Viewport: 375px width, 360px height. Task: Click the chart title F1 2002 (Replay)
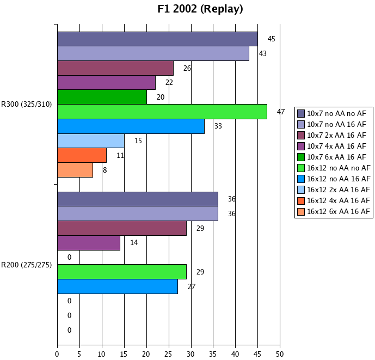[x=200, y=9]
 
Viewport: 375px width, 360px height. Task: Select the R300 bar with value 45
[x=157, y=39]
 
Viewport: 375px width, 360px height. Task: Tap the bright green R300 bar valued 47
[x=162, y=112]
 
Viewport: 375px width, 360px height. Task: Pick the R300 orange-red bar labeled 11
[x=82, y=155]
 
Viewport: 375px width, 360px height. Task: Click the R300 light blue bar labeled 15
[x=90, y=141]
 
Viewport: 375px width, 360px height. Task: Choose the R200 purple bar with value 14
[x=88, y=243]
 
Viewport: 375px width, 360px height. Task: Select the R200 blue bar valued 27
[x=117, y=286]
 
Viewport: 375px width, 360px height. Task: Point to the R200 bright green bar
[x=121, y=272]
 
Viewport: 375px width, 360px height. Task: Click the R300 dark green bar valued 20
[x=102, y=97]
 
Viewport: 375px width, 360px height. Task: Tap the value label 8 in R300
[x=104, y=170]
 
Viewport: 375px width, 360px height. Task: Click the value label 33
[x=218, y=126]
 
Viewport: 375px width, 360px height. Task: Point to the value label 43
[x=262, y=53]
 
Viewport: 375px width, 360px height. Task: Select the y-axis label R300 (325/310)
[x=27, y=104]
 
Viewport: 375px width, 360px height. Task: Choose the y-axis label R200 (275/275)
[x=27, y=265]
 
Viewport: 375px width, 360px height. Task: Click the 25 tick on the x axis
[x=168, y=354]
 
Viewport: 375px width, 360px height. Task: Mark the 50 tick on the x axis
[x=280, y=354]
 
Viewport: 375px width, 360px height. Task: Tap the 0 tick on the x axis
[x=57, y=354]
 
